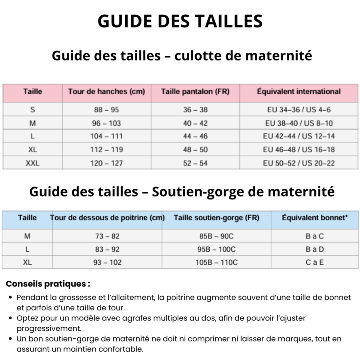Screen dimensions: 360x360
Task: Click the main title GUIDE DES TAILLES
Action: coord(180,21)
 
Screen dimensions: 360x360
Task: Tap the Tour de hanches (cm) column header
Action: coord(106,92)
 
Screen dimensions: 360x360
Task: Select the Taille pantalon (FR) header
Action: coord(195,92)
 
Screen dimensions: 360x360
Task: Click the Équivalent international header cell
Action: coord(298,92)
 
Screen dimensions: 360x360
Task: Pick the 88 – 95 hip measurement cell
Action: coord(106,110)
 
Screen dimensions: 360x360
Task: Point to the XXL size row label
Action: coord(32,163)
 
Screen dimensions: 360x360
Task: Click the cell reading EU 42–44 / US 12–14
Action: coord(298,136)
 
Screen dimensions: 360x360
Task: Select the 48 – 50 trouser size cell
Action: coord(195,150)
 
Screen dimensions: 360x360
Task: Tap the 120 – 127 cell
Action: coord(106,163)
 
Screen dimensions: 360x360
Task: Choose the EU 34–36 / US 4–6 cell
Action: coord(298,110)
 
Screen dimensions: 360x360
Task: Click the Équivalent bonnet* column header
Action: coord(314,218)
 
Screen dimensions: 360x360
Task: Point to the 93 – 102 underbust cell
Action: coord(107,262)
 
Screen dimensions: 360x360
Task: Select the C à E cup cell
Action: coord(314,262)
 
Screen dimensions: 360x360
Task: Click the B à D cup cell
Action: coord(314,249)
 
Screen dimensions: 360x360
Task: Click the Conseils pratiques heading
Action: coord(48,284)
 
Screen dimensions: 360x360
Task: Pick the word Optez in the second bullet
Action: coord(26,318)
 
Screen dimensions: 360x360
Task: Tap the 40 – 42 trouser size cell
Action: coord(195,123)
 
